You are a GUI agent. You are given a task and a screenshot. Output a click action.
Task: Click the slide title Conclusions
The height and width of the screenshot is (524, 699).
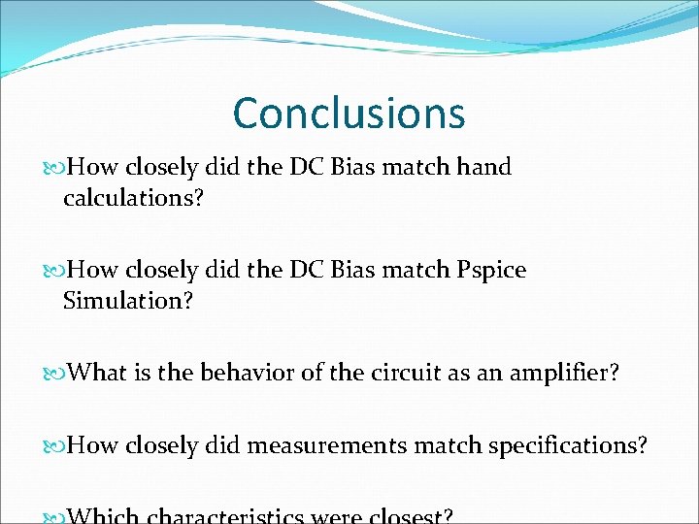click(349, 113)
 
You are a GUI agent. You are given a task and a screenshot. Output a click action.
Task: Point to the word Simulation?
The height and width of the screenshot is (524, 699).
click(128, 301)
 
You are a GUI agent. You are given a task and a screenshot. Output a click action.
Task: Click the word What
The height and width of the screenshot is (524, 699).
click(100, 373)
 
